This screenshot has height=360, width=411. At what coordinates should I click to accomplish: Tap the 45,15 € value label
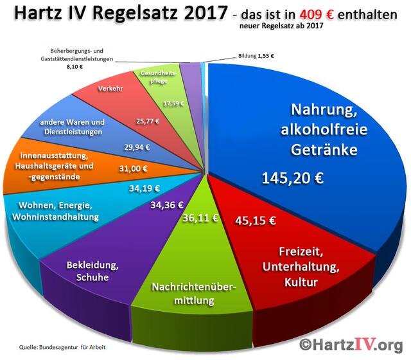[256, 221]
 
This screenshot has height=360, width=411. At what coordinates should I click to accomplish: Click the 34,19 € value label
[144, 189]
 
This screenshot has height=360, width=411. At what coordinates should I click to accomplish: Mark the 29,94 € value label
[136, 147]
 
